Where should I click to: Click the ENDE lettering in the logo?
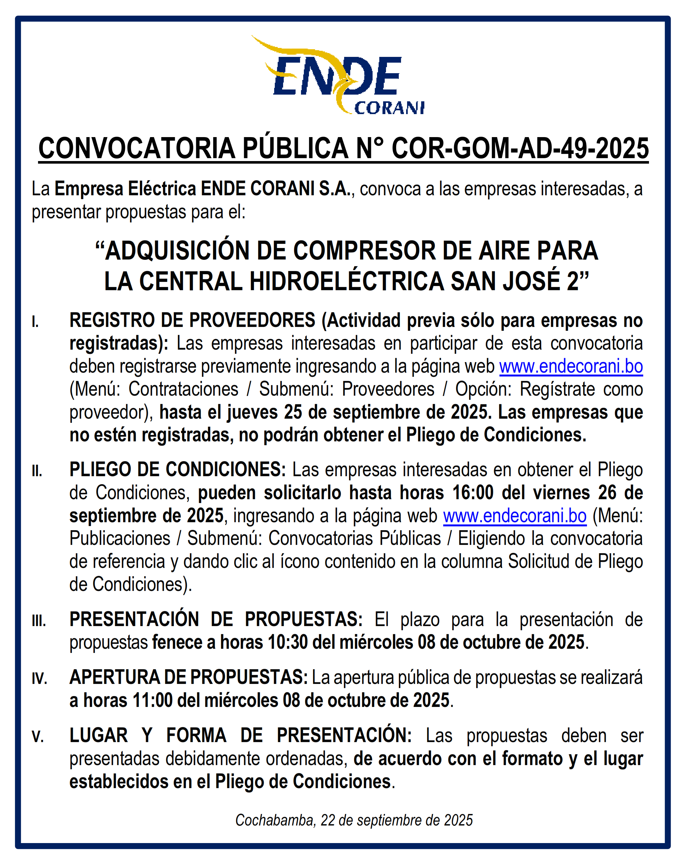pos(337,76)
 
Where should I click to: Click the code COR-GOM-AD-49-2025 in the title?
pos(520,148)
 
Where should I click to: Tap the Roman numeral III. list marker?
pos(39,621)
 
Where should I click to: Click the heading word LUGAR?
pos(98,736)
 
